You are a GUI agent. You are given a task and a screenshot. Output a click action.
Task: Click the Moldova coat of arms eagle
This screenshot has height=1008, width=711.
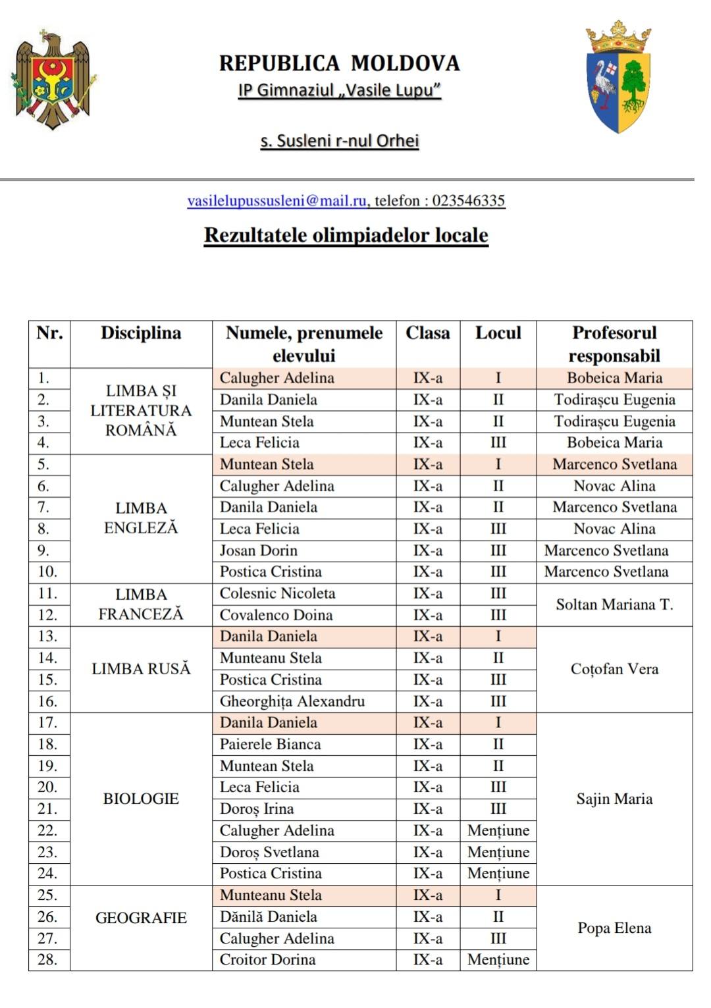point(53,79)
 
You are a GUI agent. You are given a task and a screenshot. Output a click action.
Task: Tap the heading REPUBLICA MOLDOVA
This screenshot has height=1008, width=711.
point(339,63)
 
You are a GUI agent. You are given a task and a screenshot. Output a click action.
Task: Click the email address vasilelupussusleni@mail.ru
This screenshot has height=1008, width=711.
point(276,201)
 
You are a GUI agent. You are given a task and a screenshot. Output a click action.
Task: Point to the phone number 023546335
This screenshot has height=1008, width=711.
point(468,201)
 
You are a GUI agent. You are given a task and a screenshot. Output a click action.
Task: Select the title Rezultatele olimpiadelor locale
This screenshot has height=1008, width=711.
point(346,235)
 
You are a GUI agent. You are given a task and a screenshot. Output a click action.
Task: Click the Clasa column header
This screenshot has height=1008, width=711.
point(427,333)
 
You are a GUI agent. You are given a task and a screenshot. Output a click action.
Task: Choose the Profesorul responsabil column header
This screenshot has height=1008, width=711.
point(614,344)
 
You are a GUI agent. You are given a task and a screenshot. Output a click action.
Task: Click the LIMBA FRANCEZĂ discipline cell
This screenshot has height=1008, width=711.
point(141,604)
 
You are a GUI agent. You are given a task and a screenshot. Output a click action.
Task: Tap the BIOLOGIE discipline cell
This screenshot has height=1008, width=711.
point(141,799)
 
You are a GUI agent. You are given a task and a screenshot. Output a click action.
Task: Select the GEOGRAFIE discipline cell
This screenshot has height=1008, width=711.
point(141,918)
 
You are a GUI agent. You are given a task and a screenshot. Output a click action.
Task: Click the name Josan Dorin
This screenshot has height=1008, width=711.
point(258,550)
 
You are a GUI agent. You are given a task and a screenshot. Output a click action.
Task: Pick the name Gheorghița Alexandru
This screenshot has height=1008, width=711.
point(292,701)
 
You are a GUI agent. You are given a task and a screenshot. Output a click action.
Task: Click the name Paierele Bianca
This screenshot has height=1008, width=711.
point(270,744)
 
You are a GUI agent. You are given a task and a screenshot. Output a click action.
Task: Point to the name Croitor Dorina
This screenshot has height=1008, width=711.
point(267,959)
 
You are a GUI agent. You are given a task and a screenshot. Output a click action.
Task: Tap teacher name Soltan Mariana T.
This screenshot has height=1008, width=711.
point(614,604)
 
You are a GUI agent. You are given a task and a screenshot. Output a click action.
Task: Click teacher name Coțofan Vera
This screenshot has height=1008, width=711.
point(614,669)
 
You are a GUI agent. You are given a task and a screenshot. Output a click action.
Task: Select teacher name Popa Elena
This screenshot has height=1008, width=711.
point(614,928)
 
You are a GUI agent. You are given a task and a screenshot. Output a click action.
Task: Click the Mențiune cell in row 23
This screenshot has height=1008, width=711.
point(498,852)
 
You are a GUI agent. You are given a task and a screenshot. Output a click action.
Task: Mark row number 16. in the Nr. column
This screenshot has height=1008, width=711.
point(47,701)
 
